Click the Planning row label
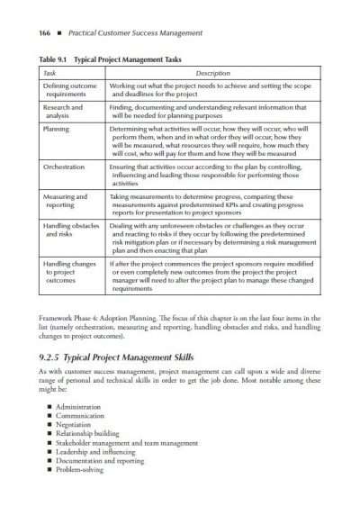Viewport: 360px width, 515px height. click(x=57, y=130)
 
